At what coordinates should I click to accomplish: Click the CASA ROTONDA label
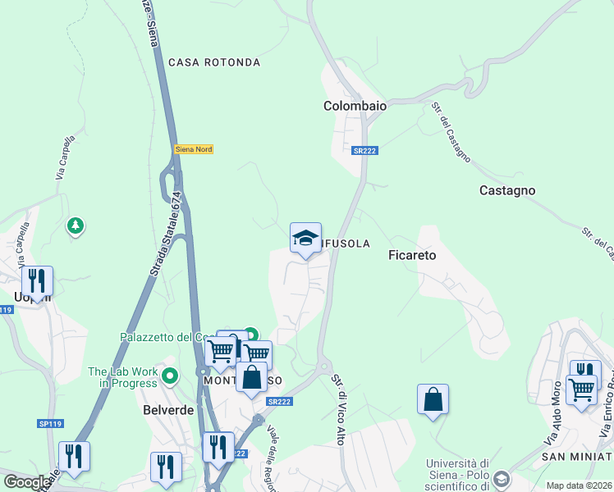click(214, 62)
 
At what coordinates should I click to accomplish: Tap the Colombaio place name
click(355, 106)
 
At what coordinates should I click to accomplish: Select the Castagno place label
click(507, 190)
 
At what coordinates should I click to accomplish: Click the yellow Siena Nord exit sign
click(192, 149)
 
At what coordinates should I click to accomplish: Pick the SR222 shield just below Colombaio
click(365, 151)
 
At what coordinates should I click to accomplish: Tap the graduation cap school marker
click(305, 239)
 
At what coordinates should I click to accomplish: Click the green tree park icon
click(76, 225)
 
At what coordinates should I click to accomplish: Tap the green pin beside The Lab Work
click(170, 376)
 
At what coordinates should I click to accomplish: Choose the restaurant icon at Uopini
click(37, 280)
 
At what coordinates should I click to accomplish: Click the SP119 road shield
click(50, 424)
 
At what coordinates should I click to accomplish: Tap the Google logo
click(27, 482)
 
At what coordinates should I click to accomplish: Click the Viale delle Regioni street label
click(274, 460)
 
